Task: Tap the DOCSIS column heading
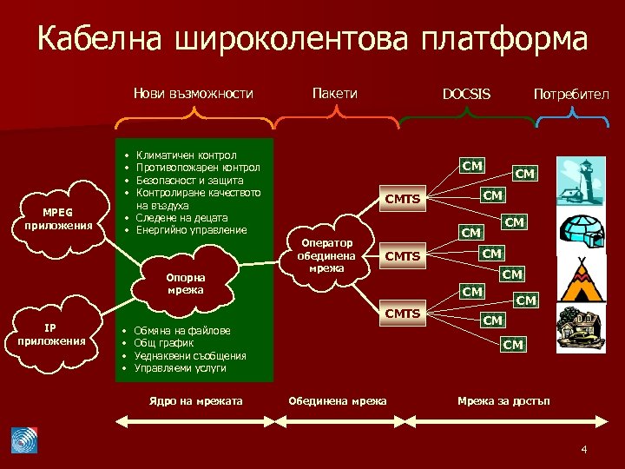(466, 94)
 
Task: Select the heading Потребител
(571, 94)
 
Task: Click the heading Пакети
(334, 93)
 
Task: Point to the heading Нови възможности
(193, 93)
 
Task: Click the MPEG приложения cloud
(60, 218)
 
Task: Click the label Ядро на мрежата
(196, 400)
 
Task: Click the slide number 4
(584, 449)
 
